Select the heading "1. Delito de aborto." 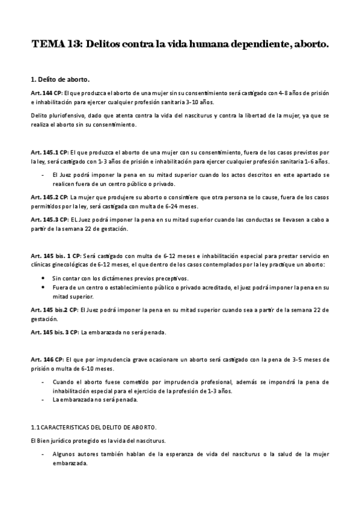pos(61,79)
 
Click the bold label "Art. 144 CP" pos(46,93)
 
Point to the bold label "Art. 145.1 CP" pos(49,153)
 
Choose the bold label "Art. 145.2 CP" pos(49,197)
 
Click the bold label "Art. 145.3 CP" pos(49,220)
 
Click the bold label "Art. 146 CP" pos(46,359)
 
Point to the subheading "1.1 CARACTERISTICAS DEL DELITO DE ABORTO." pos(93,428)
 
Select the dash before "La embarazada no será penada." pos(43,400)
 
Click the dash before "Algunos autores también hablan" pos(43,453)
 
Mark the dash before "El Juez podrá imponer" pos(43,175)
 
